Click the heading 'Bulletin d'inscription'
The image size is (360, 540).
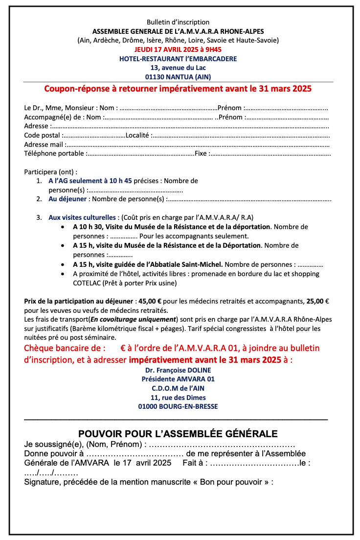click(x=178, y=22)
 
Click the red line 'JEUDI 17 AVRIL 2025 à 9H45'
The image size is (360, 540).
click(x=178, y=49)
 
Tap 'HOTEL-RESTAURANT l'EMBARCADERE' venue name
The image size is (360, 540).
click(x=178, y=59)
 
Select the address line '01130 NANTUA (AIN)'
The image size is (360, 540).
click(x=178, y=77)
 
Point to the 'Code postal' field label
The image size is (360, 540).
click(x=42, y=135)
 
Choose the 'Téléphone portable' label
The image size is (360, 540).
click(x=54, y=154)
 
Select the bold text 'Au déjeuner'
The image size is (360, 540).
click(x=67, y=199)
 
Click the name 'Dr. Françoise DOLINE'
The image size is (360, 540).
click(x=178, y=370)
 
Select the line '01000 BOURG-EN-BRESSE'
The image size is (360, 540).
click(x=178, y=406)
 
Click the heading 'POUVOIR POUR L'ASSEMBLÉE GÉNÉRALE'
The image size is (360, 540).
click(x=178, y=434)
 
